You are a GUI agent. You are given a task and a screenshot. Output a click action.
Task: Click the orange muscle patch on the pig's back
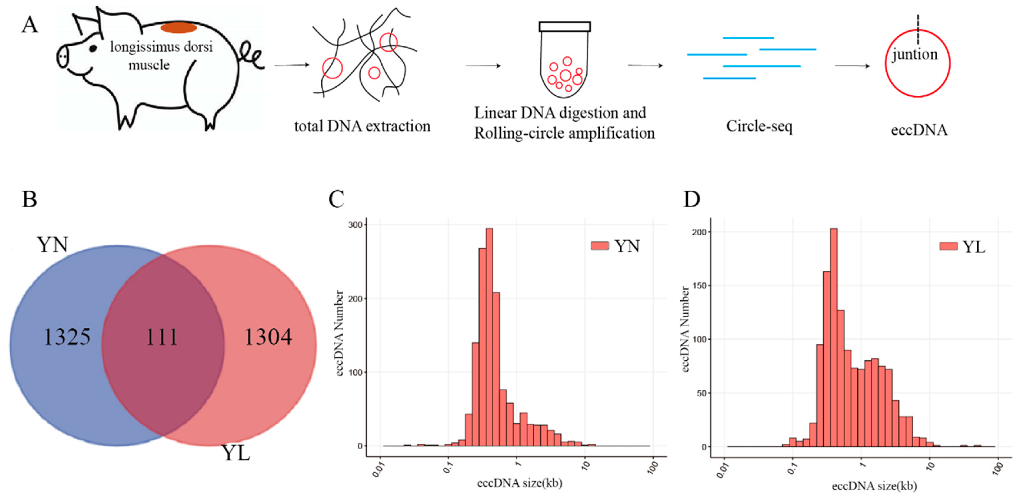(179, 28)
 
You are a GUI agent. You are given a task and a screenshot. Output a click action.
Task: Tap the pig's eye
(93, 48)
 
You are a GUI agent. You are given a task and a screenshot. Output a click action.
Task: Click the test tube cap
(565, 27)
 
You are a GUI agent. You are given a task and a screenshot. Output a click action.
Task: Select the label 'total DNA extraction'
(362, 126)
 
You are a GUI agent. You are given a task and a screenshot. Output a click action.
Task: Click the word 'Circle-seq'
(759, 126)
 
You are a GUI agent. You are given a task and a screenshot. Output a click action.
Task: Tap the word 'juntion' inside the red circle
(915, 54)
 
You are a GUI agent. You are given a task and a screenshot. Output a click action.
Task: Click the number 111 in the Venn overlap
(162, 337)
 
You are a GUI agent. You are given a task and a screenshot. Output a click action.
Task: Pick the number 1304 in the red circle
(269, 337)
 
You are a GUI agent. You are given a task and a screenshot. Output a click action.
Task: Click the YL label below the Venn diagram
(236, 453)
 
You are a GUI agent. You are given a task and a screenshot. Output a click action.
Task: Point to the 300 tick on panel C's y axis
(357, 224)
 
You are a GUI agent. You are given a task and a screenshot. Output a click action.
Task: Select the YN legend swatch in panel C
(600, 246)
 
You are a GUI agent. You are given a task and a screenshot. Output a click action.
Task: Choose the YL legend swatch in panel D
(948, 246)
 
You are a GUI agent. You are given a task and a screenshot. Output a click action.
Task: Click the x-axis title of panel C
(520, 483)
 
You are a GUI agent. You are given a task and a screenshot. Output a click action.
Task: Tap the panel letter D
(691, 199)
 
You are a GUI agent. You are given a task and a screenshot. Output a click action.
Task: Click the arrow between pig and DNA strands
(292, 65)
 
